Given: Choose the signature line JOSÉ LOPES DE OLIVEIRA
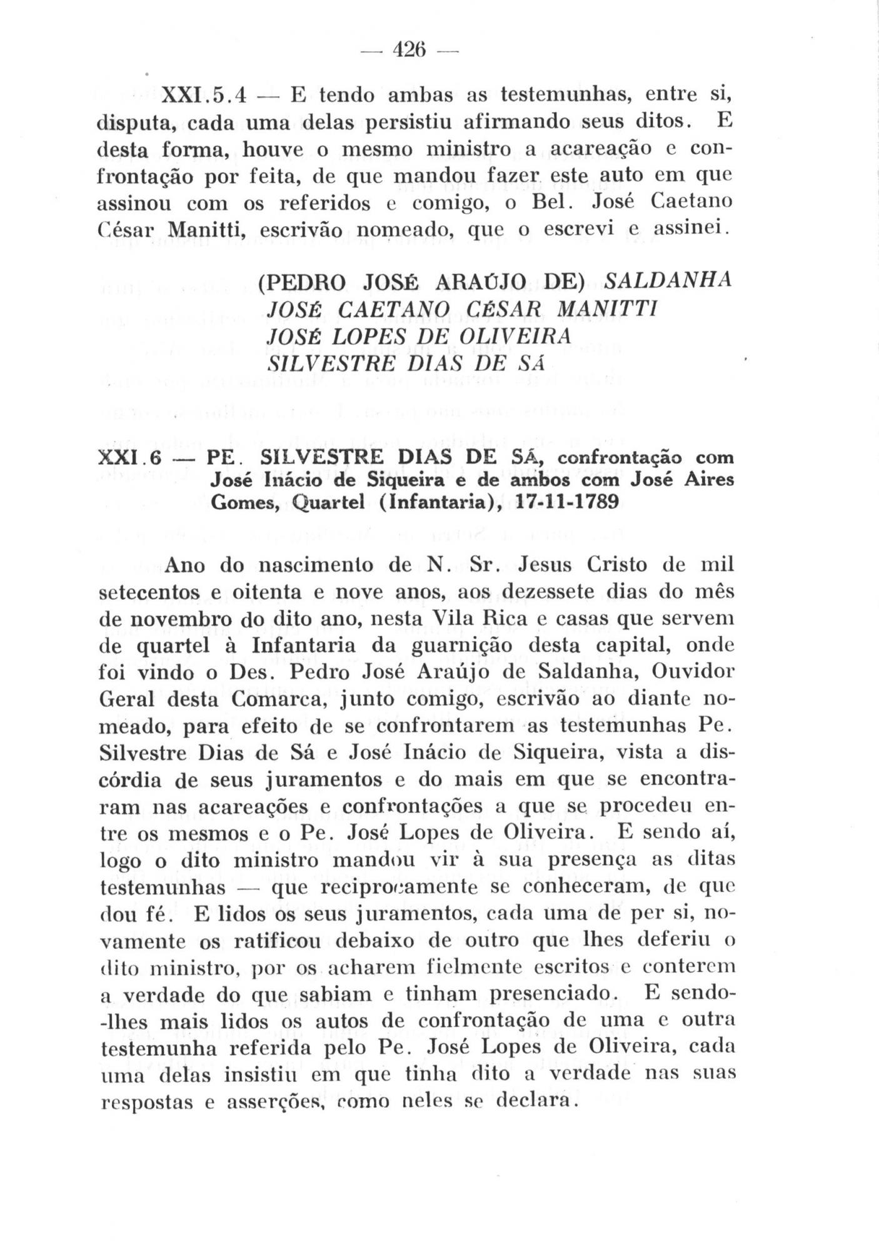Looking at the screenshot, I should coord(419,336).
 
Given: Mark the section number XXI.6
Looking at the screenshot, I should coord(131,458).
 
